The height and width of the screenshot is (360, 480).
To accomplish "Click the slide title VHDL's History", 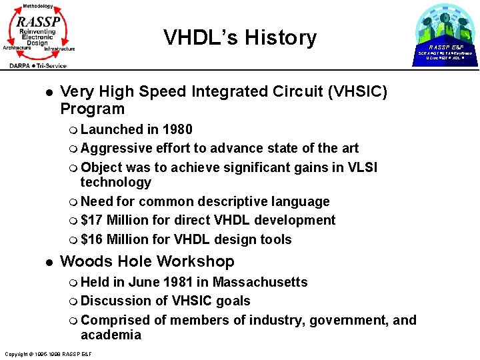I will pos(240,37).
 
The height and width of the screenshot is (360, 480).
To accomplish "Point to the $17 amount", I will pos(91,220).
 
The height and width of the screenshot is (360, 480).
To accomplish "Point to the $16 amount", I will pos(91,239).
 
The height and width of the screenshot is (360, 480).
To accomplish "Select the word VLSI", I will pos(361,167).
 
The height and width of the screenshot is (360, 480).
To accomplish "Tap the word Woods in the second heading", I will pos(83,261).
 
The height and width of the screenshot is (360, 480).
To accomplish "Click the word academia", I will pos(111,335).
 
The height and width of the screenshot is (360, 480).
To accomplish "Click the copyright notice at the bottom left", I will pos(47,353).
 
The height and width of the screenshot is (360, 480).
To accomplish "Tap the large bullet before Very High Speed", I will pos(41,91).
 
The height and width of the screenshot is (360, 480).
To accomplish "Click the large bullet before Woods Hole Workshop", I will pos(41,262).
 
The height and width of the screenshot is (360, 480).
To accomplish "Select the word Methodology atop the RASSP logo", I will pos(37,5).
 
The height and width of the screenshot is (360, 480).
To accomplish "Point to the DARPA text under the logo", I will pos(24,65).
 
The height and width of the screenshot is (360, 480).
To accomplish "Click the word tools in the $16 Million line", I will pos(274,239).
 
